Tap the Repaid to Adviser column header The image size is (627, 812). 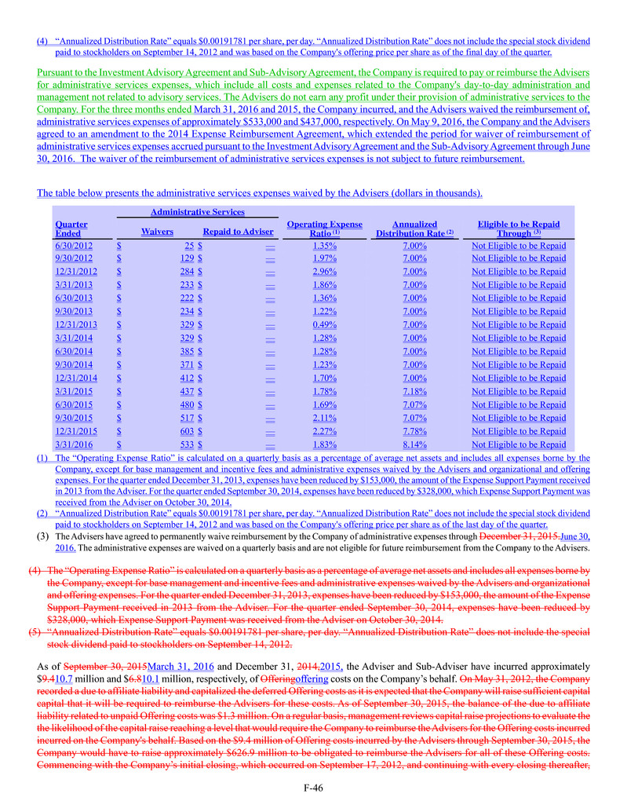pos(238,232)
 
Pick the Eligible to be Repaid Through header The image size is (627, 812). pos(518,229)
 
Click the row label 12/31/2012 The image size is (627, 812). pos(71,272)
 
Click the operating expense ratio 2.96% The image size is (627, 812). pos(324,272)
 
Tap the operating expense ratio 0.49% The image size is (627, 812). pos(324,325)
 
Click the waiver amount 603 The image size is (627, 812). pos(185,431)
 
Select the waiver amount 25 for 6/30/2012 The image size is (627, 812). pos(189,245)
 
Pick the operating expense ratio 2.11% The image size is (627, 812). pos(324,418)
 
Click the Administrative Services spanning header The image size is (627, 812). pos(198,211)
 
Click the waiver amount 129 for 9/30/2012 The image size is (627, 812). pos(186,258)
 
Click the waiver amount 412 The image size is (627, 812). pos(185,378)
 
